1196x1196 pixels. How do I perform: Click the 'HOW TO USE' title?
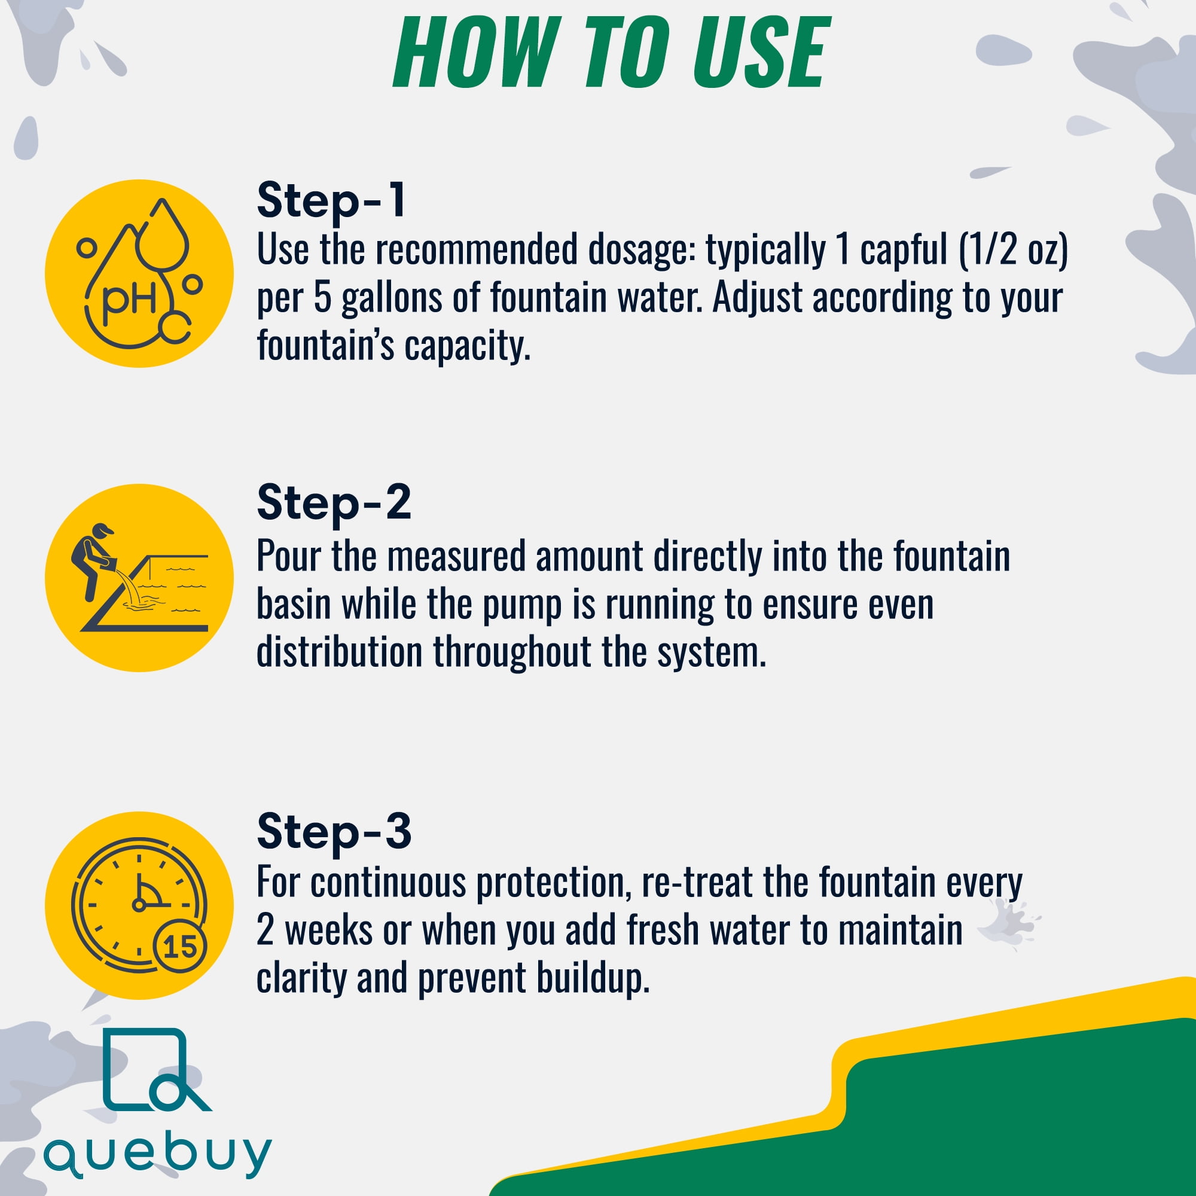pos(610,53)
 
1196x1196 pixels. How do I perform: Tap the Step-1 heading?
pos(331,200)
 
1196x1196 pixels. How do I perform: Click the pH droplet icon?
pos(140,274)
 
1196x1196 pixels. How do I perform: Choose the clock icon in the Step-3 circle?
pos(139,905)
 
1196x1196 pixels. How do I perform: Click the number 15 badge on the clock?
pos(180,947)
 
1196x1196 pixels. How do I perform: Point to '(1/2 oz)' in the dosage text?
pos(1014,250)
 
